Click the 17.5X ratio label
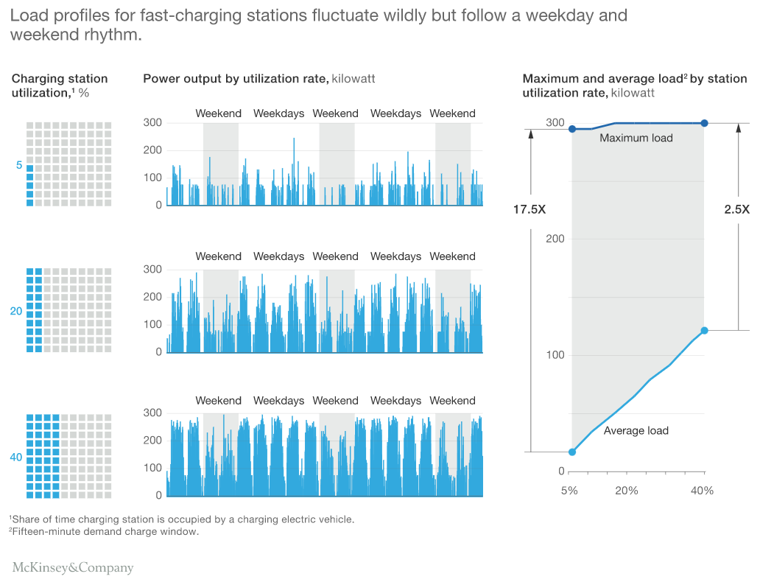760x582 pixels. (529, 210)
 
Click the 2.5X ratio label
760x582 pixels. (736, 210)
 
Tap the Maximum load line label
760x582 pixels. (636, 138)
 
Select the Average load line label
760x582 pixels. (636, 430)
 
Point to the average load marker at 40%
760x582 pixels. (704, 331)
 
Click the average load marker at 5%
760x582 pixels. (572, 452)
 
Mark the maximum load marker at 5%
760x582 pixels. (572, 129)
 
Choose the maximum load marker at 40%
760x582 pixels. (704, 123)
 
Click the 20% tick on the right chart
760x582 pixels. (626, 491)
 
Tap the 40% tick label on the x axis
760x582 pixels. (702, 491)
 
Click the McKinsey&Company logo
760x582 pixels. (73, 568)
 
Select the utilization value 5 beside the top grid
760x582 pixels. (19, 165)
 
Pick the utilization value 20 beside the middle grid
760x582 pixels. (16, 311)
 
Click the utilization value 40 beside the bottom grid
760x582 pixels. (16, 457)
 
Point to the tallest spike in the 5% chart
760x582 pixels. (294, 139)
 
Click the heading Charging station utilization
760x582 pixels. (59, 85)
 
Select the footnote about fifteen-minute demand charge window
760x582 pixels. (104, 532)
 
